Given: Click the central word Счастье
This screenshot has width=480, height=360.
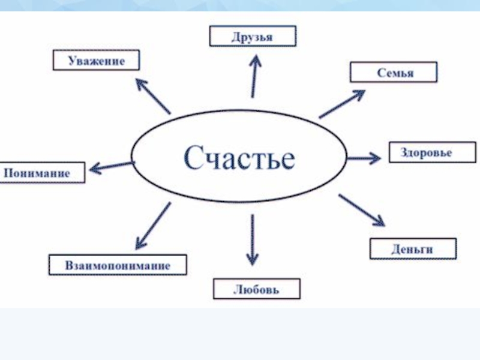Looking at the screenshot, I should (x=239, y=159).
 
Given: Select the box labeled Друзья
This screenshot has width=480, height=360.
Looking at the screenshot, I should (x=252, y=37).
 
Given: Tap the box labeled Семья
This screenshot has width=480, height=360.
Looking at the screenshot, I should (x=394, y=73).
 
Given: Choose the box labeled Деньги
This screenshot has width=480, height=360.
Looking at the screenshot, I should (x=413, y=248).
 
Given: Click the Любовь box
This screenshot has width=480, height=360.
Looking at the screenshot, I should (x=256, y=290).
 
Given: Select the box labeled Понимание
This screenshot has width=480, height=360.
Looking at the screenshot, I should (x=42, y=173).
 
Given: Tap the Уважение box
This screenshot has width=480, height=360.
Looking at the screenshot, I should (x=96, y=61).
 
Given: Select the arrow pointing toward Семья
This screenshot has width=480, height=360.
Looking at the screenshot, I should (x=342, y=104).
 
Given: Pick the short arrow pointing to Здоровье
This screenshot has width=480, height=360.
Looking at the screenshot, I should (x=363, y=158).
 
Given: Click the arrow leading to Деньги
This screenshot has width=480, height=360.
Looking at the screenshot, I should (x=361, y=210).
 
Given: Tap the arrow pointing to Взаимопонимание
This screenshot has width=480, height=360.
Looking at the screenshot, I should (x=153, y=226).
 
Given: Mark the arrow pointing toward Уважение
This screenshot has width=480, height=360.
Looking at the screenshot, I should (x=153, y=95).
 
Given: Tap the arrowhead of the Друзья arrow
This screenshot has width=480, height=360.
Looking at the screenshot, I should (x=256, y=60).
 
